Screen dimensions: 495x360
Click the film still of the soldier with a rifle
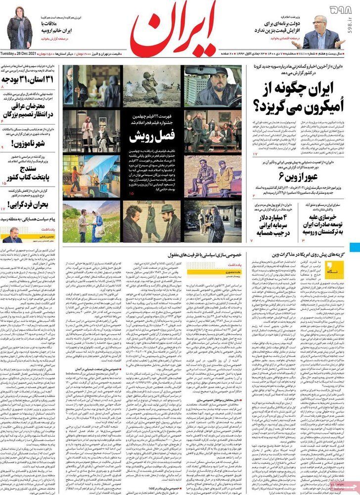pos(151,87)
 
